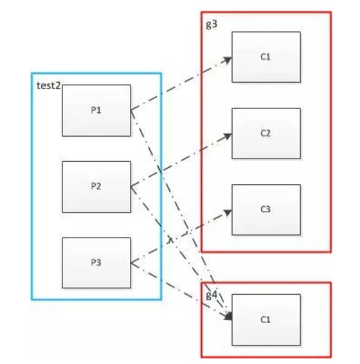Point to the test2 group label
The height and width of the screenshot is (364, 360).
click(48, 85)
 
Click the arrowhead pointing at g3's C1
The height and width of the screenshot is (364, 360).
click(228, 60)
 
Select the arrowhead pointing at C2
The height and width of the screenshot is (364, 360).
click(228, 136)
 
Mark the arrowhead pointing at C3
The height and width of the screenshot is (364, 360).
click(228, 212)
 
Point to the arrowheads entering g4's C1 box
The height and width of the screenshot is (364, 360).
click(228, 316)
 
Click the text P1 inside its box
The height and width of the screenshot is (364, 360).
click(96, 110)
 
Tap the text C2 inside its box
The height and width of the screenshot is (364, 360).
click(266, 133)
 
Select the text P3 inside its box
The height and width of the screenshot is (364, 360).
click(96, 263)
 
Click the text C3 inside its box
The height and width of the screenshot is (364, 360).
click(266, 210)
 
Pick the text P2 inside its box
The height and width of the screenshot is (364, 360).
click(96, 187)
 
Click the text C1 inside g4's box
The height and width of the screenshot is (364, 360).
click(266, 320)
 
